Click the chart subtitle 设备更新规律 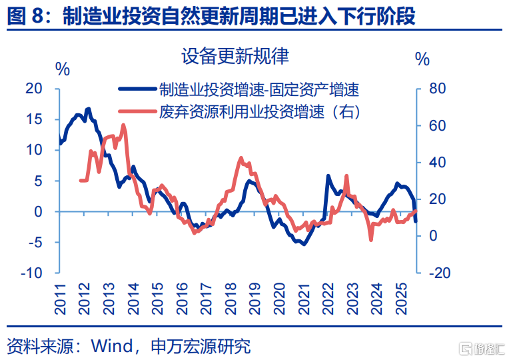pyautogui.click(x=235, y=56)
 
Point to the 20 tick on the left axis pyautogui.click(x=33, y=89)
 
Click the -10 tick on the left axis pyautogui.click(x=31, y=273)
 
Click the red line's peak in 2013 pyautogui.click(x=123, y=125)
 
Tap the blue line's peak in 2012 pyautogui.click(x=88, y=108)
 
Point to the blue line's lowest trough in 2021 pyautogui.click(x=304, y=244)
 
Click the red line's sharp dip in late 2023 pyautogui.click(x=371, y=239)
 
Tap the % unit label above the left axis pyautogui.click(x=62, y=68)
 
